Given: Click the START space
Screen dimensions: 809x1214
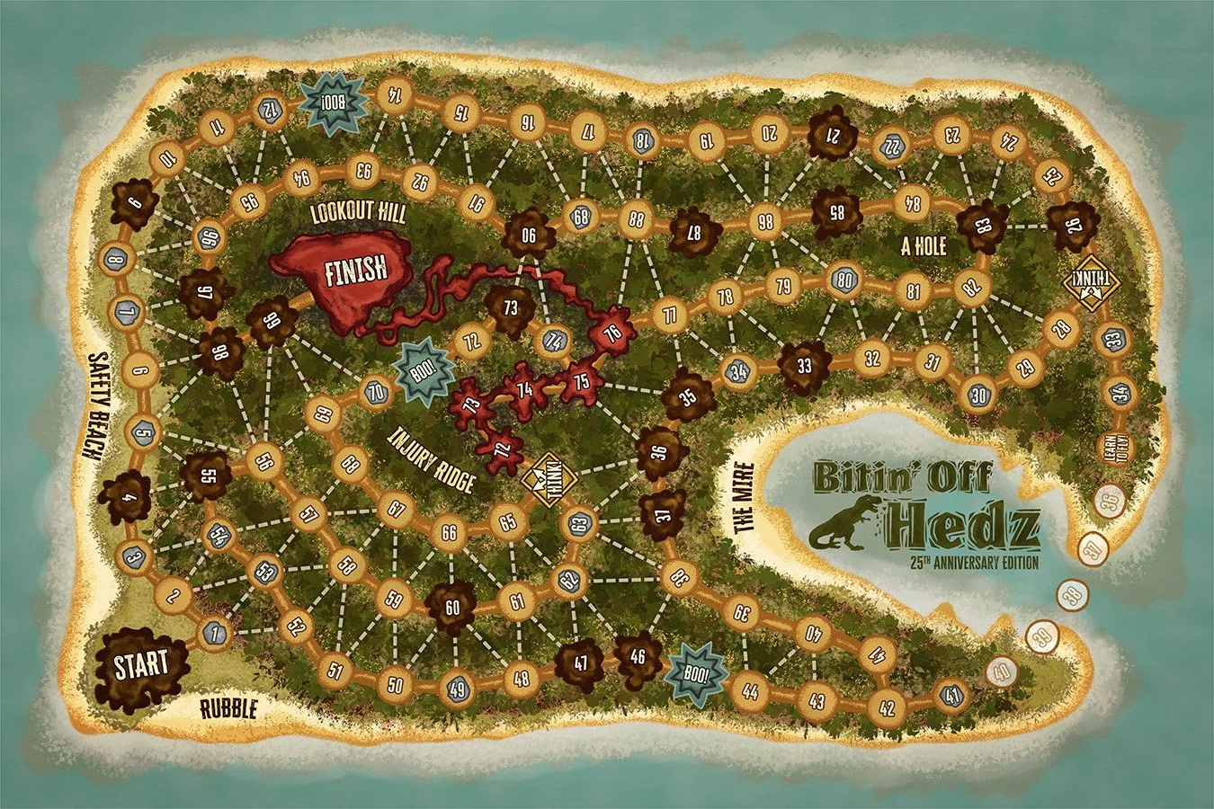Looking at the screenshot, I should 141,666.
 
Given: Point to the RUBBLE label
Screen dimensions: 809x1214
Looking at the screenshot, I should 228,709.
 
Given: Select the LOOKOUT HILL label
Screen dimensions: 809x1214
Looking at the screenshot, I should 358,213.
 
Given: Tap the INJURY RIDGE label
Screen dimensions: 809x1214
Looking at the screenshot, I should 432,459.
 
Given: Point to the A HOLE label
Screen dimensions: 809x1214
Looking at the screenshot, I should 924,245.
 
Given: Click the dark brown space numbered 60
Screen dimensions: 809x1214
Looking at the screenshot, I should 451,607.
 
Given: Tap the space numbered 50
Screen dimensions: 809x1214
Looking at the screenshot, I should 395,683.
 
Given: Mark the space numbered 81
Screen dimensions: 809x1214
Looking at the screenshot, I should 914,291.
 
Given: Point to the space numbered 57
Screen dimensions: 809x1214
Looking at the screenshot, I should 308,515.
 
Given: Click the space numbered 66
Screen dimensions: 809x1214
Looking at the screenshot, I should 449,532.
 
